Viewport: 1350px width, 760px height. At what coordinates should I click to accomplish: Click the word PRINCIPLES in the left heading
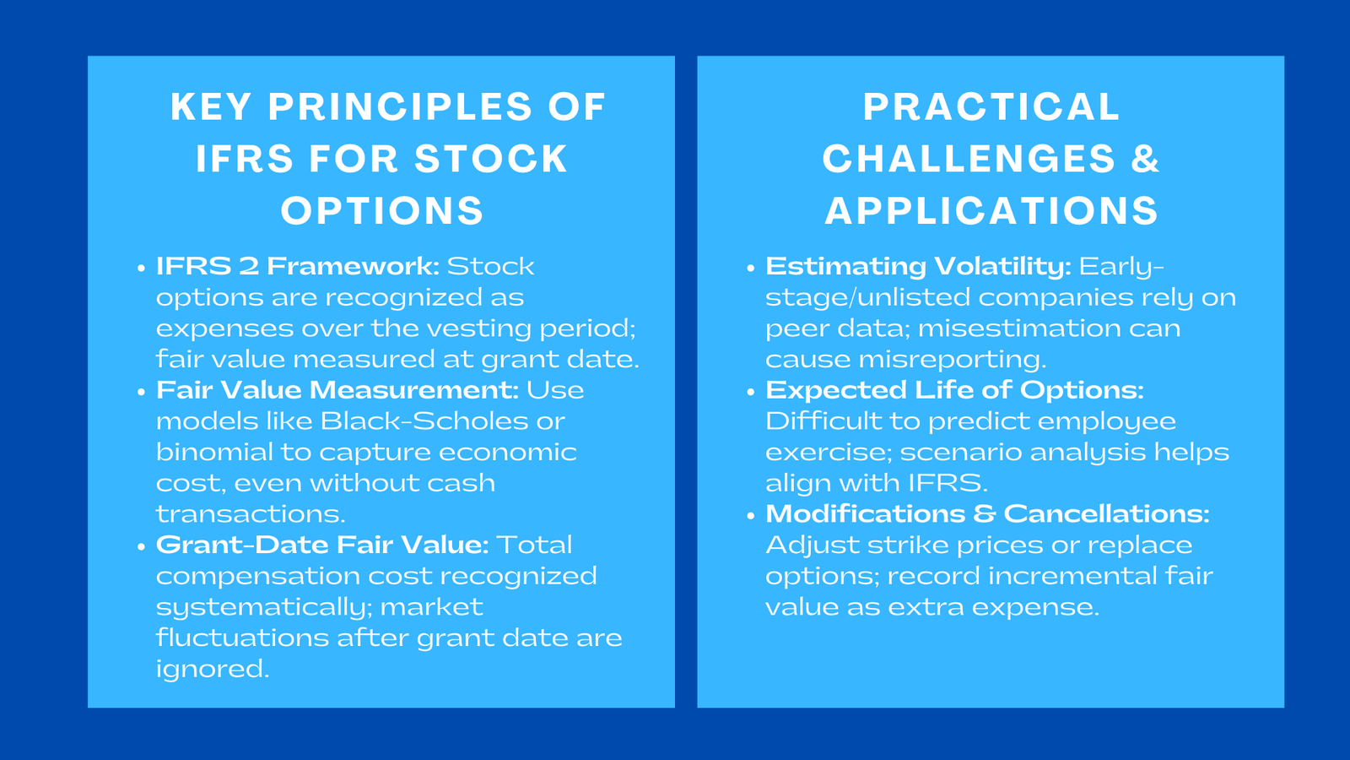tap(400, 107)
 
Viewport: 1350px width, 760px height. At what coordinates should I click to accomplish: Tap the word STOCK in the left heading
tap(492, 160)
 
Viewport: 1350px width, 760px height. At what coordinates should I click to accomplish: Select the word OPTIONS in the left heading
tap(382, 211)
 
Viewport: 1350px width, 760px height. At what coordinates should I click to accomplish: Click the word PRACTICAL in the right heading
tap(991, 107)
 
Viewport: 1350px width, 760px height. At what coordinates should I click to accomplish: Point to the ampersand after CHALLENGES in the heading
tap(1145, 160)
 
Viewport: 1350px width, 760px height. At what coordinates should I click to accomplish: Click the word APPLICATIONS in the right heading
tap(991, 211)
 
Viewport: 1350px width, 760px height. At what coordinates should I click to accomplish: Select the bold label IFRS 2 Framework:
tap(297, 267)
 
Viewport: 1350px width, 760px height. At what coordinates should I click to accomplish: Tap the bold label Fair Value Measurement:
tap(337, 390)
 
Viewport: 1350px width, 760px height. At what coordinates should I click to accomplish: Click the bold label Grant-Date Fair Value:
tap(321, 545)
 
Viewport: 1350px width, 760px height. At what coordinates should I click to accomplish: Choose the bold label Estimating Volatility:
tap(917, 267)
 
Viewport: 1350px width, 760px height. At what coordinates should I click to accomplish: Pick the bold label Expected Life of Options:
tap(953, 390)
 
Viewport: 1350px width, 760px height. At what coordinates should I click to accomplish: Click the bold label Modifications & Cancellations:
tap(986, 514)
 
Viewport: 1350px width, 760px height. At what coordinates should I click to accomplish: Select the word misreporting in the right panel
tap(951, 360)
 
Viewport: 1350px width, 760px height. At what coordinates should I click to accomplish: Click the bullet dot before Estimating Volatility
tap(750, 269)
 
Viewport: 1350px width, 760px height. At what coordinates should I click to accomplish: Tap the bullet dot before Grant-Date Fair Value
tap(141, 546)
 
